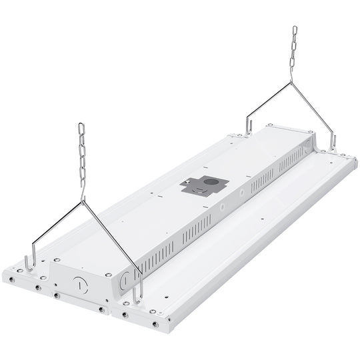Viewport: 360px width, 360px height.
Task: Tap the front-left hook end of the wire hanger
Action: [27, 261]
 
